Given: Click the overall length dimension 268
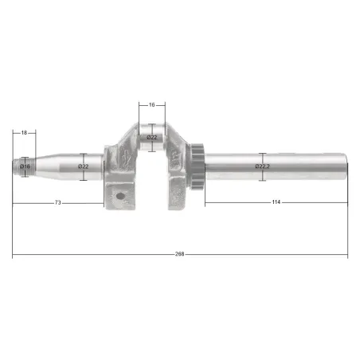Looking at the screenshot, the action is tap(179, 254).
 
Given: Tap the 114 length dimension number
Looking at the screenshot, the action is tap(276, 202).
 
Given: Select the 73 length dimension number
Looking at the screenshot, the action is tap(57, 202).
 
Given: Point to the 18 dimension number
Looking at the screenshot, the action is tap(24, 132).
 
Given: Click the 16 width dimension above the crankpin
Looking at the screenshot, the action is tap(151, 105).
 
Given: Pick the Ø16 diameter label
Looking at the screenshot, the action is tap(25, 166).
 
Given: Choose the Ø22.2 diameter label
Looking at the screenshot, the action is tap(262, 166).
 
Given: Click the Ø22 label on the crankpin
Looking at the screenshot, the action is tap(152, 137).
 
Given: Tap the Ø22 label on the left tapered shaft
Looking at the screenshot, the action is tap(83, 166).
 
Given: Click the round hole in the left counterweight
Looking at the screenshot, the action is tap(120, 196).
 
